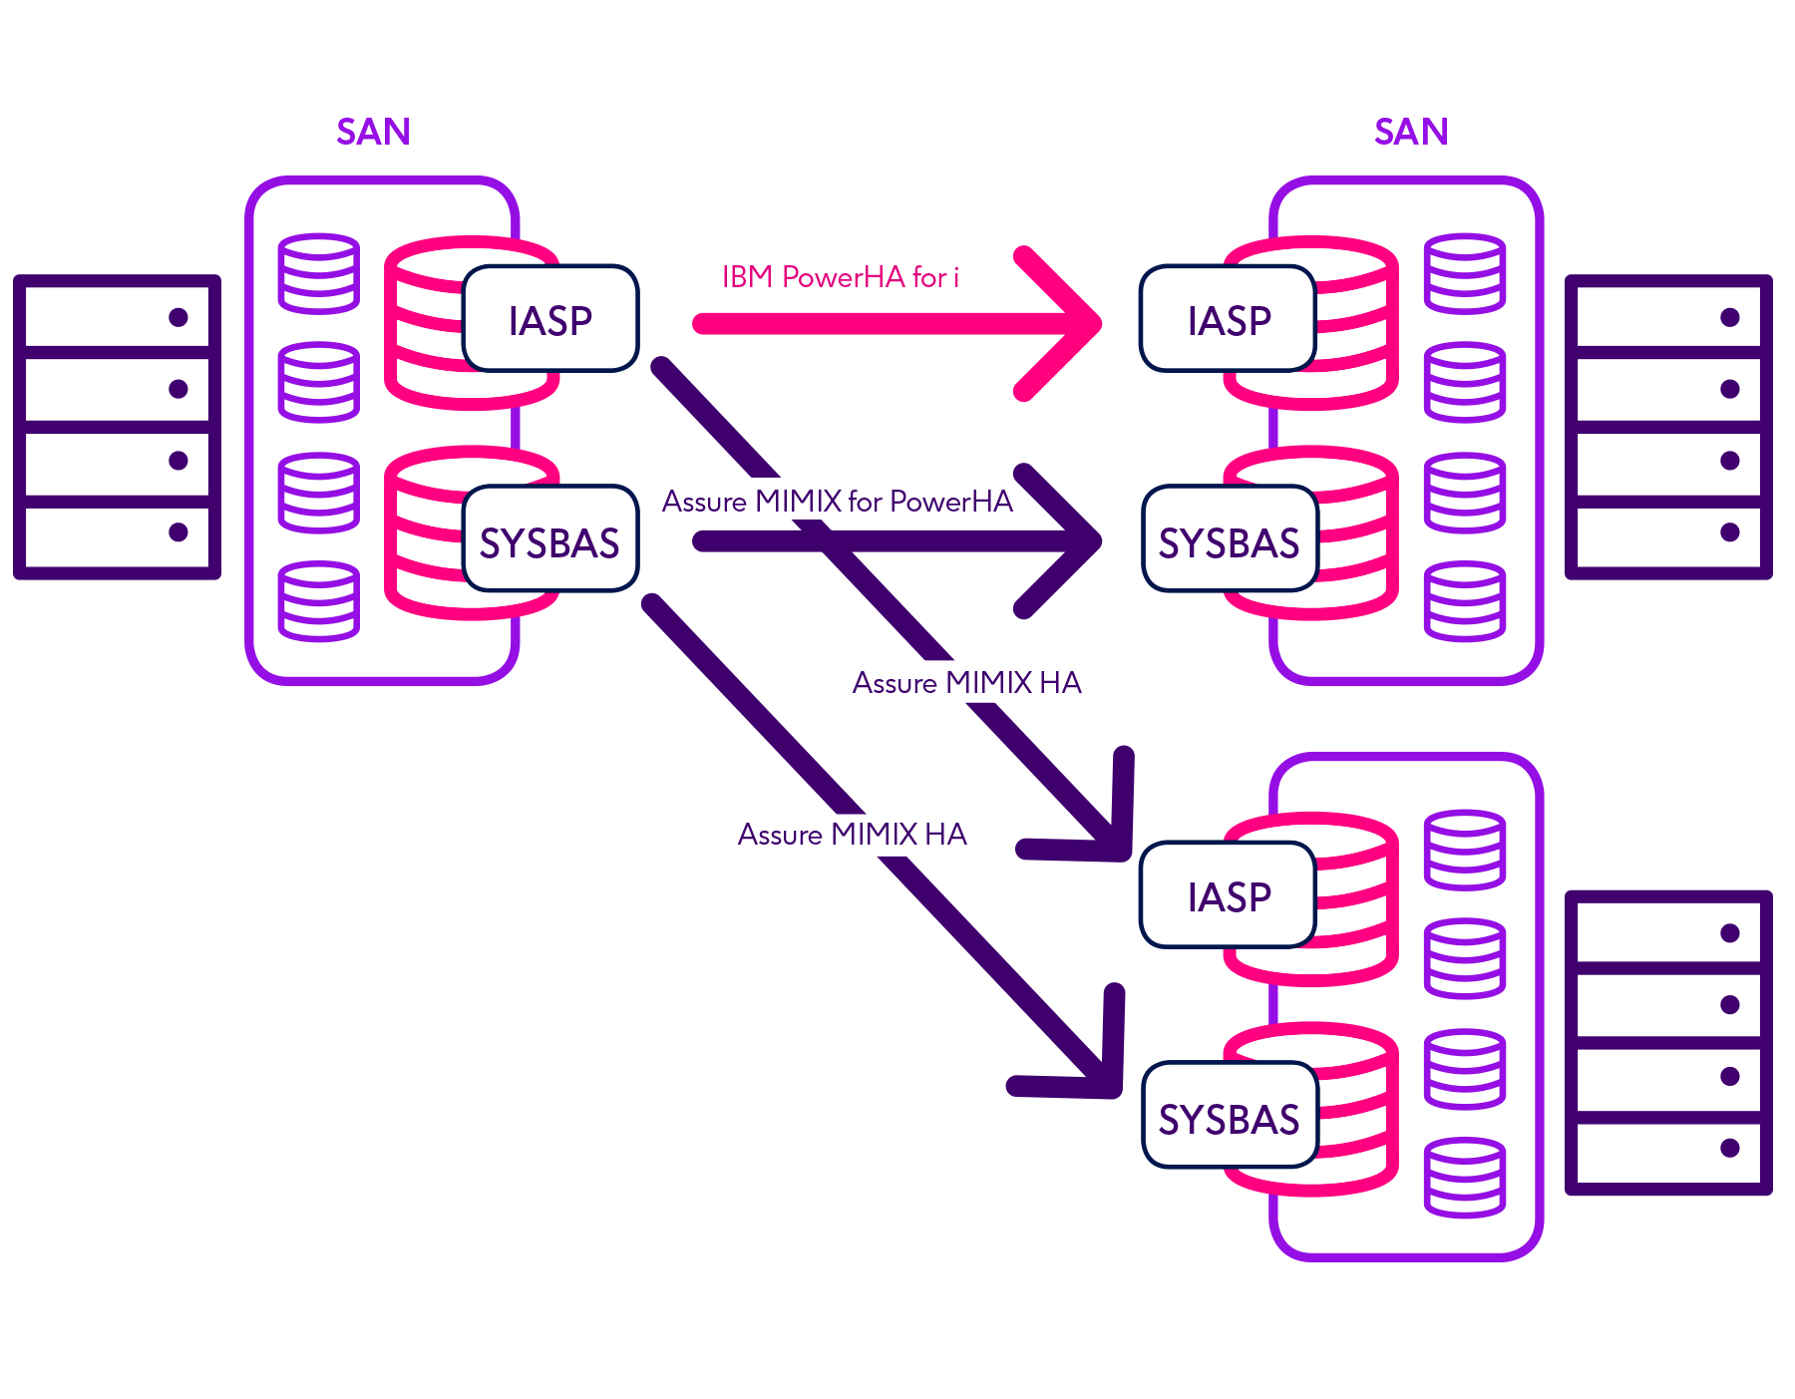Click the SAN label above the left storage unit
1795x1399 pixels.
point(373,132)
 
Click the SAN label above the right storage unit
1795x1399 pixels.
point(1410,132)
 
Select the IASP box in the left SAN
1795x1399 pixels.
point(549,320)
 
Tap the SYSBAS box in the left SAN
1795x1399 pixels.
point(549,541)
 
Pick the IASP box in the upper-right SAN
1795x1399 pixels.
point(1229,320)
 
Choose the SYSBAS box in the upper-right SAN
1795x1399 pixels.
point(1229,541)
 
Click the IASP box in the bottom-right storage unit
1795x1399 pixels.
point(1229,896)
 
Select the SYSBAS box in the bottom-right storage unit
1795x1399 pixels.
point(1229,1118)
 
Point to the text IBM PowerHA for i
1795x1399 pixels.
point(840,277)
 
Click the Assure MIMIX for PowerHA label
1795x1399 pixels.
point(837,502)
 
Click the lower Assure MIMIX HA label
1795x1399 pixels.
point(852,835)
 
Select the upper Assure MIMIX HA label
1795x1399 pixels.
point(966,683)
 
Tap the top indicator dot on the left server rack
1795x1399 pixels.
point(179,317)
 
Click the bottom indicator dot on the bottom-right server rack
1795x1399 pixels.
point(1730,1148)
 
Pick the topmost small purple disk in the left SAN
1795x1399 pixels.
point(318,272)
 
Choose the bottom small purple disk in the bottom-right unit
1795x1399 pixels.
point(1464,1178)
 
